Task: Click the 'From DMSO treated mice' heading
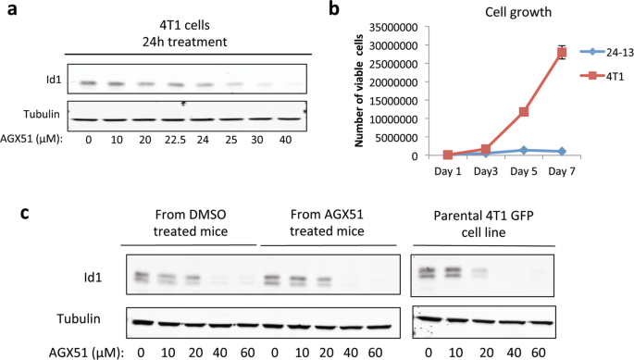(x=191, y=225)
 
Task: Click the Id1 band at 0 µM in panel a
(x=86, y=82)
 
